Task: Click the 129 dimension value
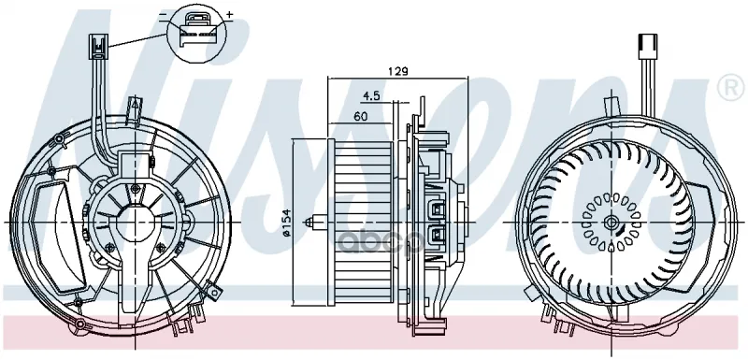397,71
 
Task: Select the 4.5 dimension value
371,95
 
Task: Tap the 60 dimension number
361,116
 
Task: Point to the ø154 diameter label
286,223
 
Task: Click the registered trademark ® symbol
731,88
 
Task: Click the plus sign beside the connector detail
229,14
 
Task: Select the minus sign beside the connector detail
163,15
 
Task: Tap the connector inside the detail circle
196,30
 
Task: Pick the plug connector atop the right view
647,45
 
